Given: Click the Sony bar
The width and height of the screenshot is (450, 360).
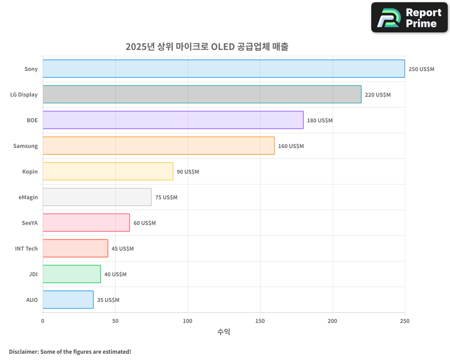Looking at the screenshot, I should pos(224,69).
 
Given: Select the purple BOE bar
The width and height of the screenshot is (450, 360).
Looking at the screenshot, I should pos(173,120).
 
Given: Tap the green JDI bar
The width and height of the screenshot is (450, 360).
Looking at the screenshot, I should pos(72,274).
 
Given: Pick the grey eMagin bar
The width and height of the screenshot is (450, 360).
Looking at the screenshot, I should pos(97,197).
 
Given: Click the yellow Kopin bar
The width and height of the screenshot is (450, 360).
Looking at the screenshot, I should pos(108,171).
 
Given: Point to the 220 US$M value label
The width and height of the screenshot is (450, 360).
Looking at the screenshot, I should pos(378,95).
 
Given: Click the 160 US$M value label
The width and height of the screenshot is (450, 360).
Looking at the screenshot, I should pos(291,146).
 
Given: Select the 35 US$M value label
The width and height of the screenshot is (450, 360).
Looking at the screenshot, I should pos(108,300).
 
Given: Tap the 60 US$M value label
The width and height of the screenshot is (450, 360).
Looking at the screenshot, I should pos(144,223).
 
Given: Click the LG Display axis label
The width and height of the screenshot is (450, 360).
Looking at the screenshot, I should pos(24,95).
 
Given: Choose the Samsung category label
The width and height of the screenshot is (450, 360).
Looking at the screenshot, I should pos(26,146).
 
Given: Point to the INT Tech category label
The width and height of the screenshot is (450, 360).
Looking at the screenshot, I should pos(27,249).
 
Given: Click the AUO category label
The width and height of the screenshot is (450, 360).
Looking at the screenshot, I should pos(32,300).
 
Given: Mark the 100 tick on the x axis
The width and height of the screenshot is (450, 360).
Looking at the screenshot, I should pos(188,321).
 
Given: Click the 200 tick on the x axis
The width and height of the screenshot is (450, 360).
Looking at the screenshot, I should pos(333,321).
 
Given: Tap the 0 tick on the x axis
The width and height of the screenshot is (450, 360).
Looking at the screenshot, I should pos(43,321).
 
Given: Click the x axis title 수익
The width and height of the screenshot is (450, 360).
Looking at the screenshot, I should pos(224,332).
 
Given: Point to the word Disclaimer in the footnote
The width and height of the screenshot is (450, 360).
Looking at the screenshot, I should pos(23,351).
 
